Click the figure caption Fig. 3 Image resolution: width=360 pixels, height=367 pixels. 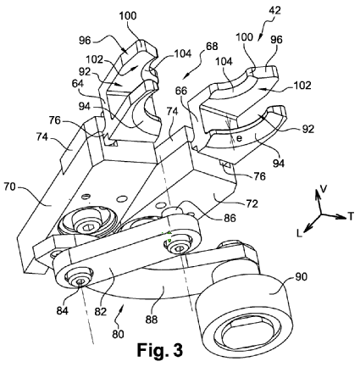(160, 350)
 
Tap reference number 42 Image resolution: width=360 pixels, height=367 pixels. (274, 11)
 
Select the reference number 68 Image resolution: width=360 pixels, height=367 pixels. (212, 46)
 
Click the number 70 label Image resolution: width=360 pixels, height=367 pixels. (10, 186)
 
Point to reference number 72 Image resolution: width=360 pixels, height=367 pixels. (252, 203)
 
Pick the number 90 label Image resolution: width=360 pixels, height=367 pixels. (301, 276)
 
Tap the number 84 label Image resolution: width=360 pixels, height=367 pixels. (63, 311)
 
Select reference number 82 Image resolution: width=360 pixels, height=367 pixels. (101, 311)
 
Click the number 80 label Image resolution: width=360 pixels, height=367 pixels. (118, 334)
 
